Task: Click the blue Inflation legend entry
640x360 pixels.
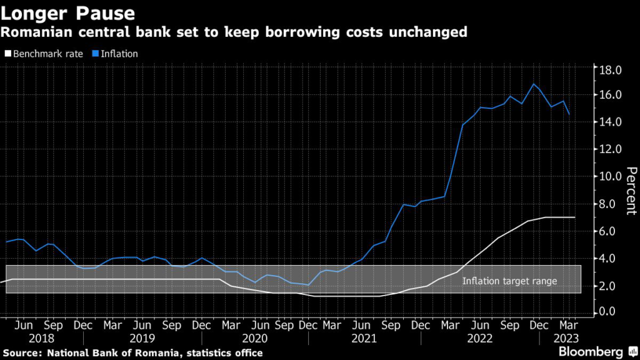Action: coord(117,54)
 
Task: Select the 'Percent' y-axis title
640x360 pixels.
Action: coord(631,191)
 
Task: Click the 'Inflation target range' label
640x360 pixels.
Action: coord(509,281)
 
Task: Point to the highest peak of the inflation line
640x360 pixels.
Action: coord(534,84)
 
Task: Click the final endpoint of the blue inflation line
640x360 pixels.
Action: coord(569,114)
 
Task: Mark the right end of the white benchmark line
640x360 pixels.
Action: coord(574,217)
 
